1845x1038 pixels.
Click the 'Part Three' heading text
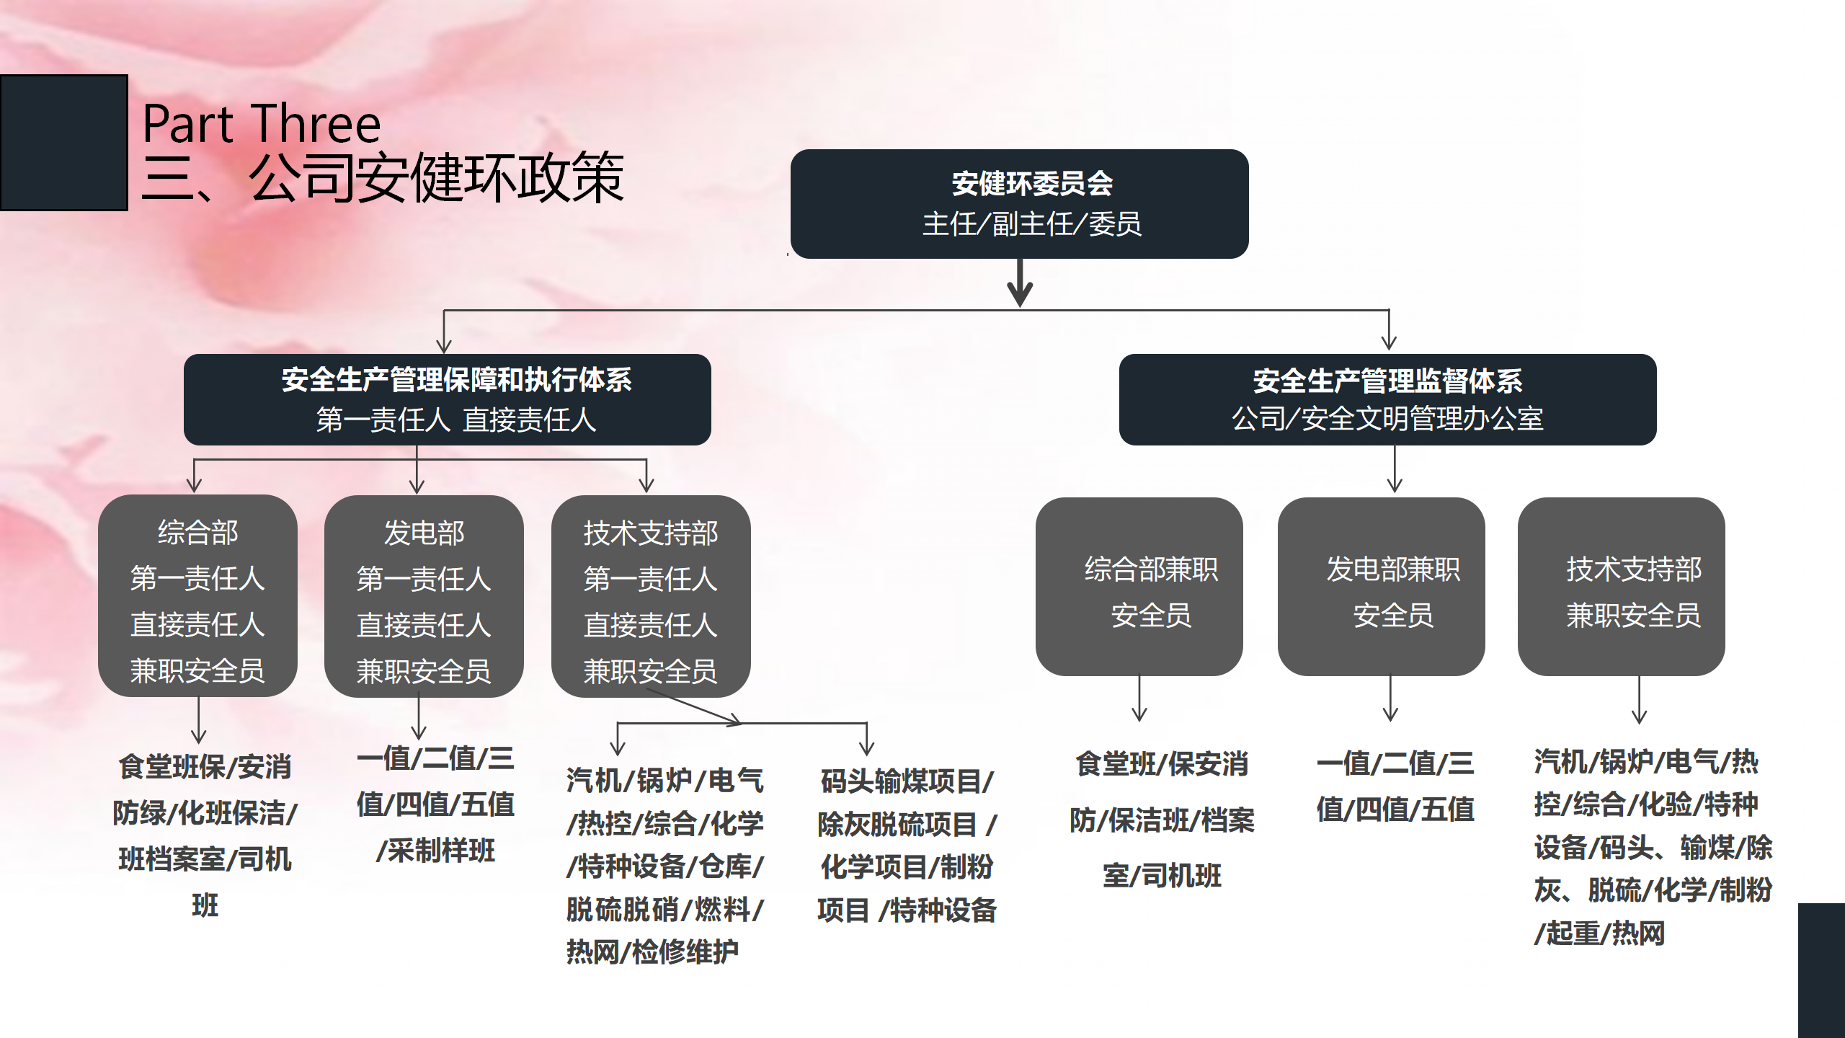point(261,124)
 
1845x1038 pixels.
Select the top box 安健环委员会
point(1019,204)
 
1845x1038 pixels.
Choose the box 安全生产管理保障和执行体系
point(447,399)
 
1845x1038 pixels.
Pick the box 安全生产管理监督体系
point(1387,399)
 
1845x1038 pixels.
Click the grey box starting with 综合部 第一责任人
point(197,595)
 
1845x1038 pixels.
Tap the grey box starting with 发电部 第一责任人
point(424,596)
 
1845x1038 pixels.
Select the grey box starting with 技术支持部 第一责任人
point(650,596)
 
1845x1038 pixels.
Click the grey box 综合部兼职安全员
point(1139,587)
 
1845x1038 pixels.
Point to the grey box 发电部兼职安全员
point(1381,587)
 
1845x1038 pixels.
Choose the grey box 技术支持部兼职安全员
point(1621,587)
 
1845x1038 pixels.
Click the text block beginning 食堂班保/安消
point(205,835)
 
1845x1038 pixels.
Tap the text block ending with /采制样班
point(435,804)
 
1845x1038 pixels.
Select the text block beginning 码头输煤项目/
point(907,846)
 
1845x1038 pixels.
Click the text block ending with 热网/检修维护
point(664,866)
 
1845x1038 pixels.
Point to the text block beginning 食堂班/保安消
point(1162,820)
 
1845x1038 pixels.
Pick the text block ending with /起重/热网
point(1652,847)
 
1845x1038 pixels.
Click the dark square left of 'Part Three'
point(63,143)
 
